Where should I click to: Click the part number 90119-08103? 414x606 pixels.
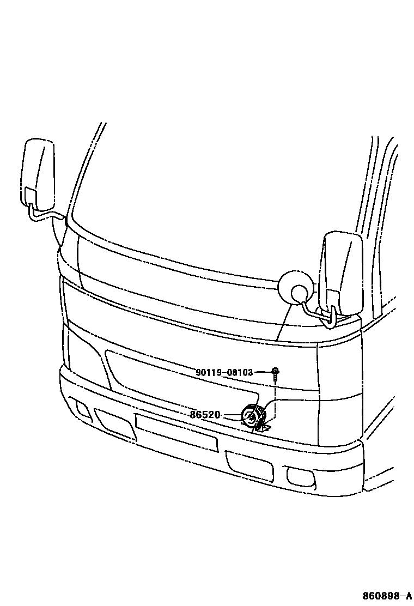coord(224,373)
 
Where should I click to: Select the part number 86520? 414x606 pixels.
coord(205,415)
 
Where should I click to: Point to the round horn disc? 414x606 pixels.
coord(249,417)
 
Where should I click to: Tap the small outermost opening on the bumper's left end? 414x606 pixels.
coord(83,410)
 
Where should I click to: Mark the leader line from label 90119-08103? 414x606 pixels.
coord(263,372)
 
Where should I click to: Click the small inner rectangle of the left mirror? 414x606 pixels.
coord(30,196)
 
